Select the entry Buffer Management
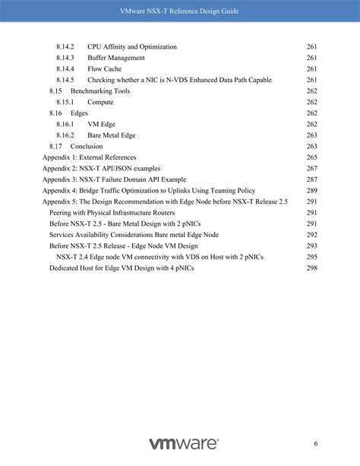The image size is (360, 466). click(x=116, y=58)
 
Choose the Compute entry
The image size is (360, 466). click(x=100, y=102)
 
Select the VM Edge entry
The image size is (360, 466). click(x=103, y=124)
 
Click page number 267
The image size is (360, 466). click(x=311, y=168)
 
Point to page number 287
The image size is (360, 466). click(x=311, y=179)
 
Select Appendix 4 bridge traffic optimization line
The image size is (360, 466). click(x=148, y=190)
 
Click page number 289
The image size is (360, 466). click(x=311, y=190)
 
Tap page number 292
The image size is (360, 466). click(x=311, y=235)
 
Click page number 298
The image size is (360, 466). click(x=311, y=268)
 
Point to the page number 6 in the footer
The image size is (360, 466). click(x=315, y=444)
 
